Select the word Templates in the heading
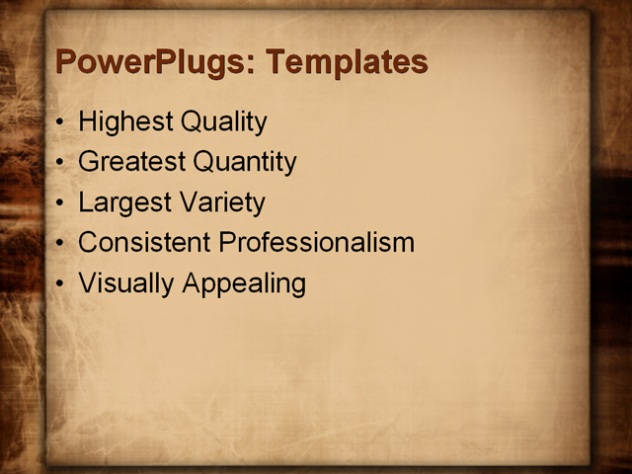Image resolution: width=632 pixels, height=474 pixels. tap(347, 62)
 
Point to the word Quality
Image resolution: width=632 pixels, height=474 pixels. tap(222, 122)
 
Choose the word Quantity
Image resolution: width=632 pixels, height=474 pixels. tap(245, 162)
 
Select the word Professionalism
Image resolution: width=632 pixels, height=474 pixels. tap(316, 242)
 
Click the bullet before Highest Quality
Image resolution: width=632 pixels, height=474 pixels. tap(61, 123)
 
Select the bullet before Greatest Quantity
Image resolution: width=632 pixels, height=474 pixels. tap(61, 163)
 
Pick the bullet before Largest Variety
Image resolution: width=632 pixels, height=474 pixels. tap(61, 203)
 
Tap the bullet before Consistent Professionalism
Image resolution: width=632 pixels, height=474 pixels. tap(61, 244)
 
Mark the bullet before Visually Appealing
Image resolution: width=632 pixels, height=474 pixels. tap(61, 284)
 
